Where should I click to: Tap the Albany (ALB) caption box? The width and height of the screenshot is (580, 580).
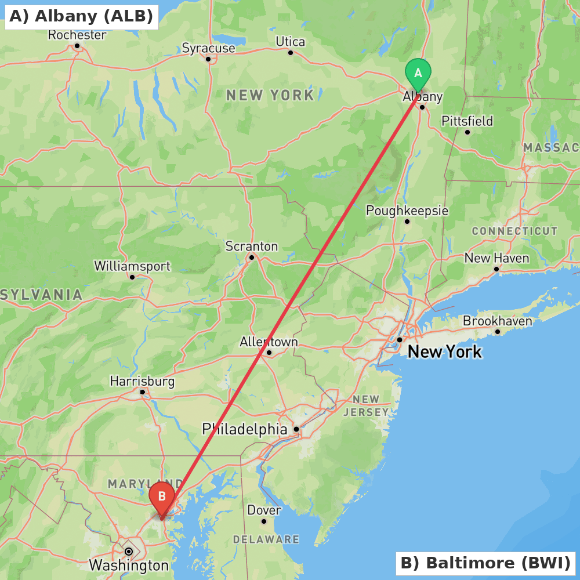click(x=81, y=16)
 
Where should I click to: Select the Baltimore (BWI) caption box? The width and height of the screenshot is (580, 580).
click(x=485, y=563)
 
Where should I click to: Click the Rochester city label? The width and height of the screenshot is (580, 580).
click(x=77, y=35)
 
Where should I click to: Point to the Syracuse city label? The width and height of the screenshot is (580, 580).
click(x=208, y=48)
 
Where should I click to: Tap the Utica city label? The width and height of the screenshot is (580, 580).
click(x=290, y=42)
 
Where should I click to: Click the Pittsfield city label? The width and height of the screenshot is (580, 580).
click(x=467, y=121)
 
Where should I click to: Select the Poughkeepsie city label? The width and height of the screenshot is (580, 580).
click(x=407, y=211)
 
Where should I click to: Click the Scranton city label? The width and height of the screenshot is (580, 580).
click(x=251, y=246)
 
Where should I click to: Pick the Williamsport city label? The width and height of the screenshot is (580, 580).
click(x=132, y=266)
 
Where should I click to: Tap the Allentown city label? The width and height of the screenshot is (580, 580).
click(x=269, y=342)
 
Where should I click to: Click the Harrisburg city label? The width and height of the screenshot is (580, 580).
click(x=142, y=382)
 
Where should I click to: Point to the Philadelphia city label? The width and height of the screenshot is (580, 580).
click(x=244, y=429)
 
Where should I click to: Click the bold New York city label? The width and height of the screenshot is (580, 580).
click(x=444, y=351)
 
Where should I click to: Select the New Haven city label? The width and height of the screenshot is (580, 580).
click(x=496, y=258)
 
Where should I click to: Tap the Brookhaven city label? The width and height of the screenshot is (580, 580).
click(x=497, y=321)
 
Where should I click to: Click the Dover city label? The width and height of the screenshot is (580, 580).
click(x=264, y=510)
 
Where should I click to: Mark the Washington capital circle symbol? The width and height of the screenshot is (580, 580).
click(x=129, y=551)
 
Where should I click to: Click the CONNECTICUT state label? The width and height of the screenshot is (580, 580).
click(x=514, y=231)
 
